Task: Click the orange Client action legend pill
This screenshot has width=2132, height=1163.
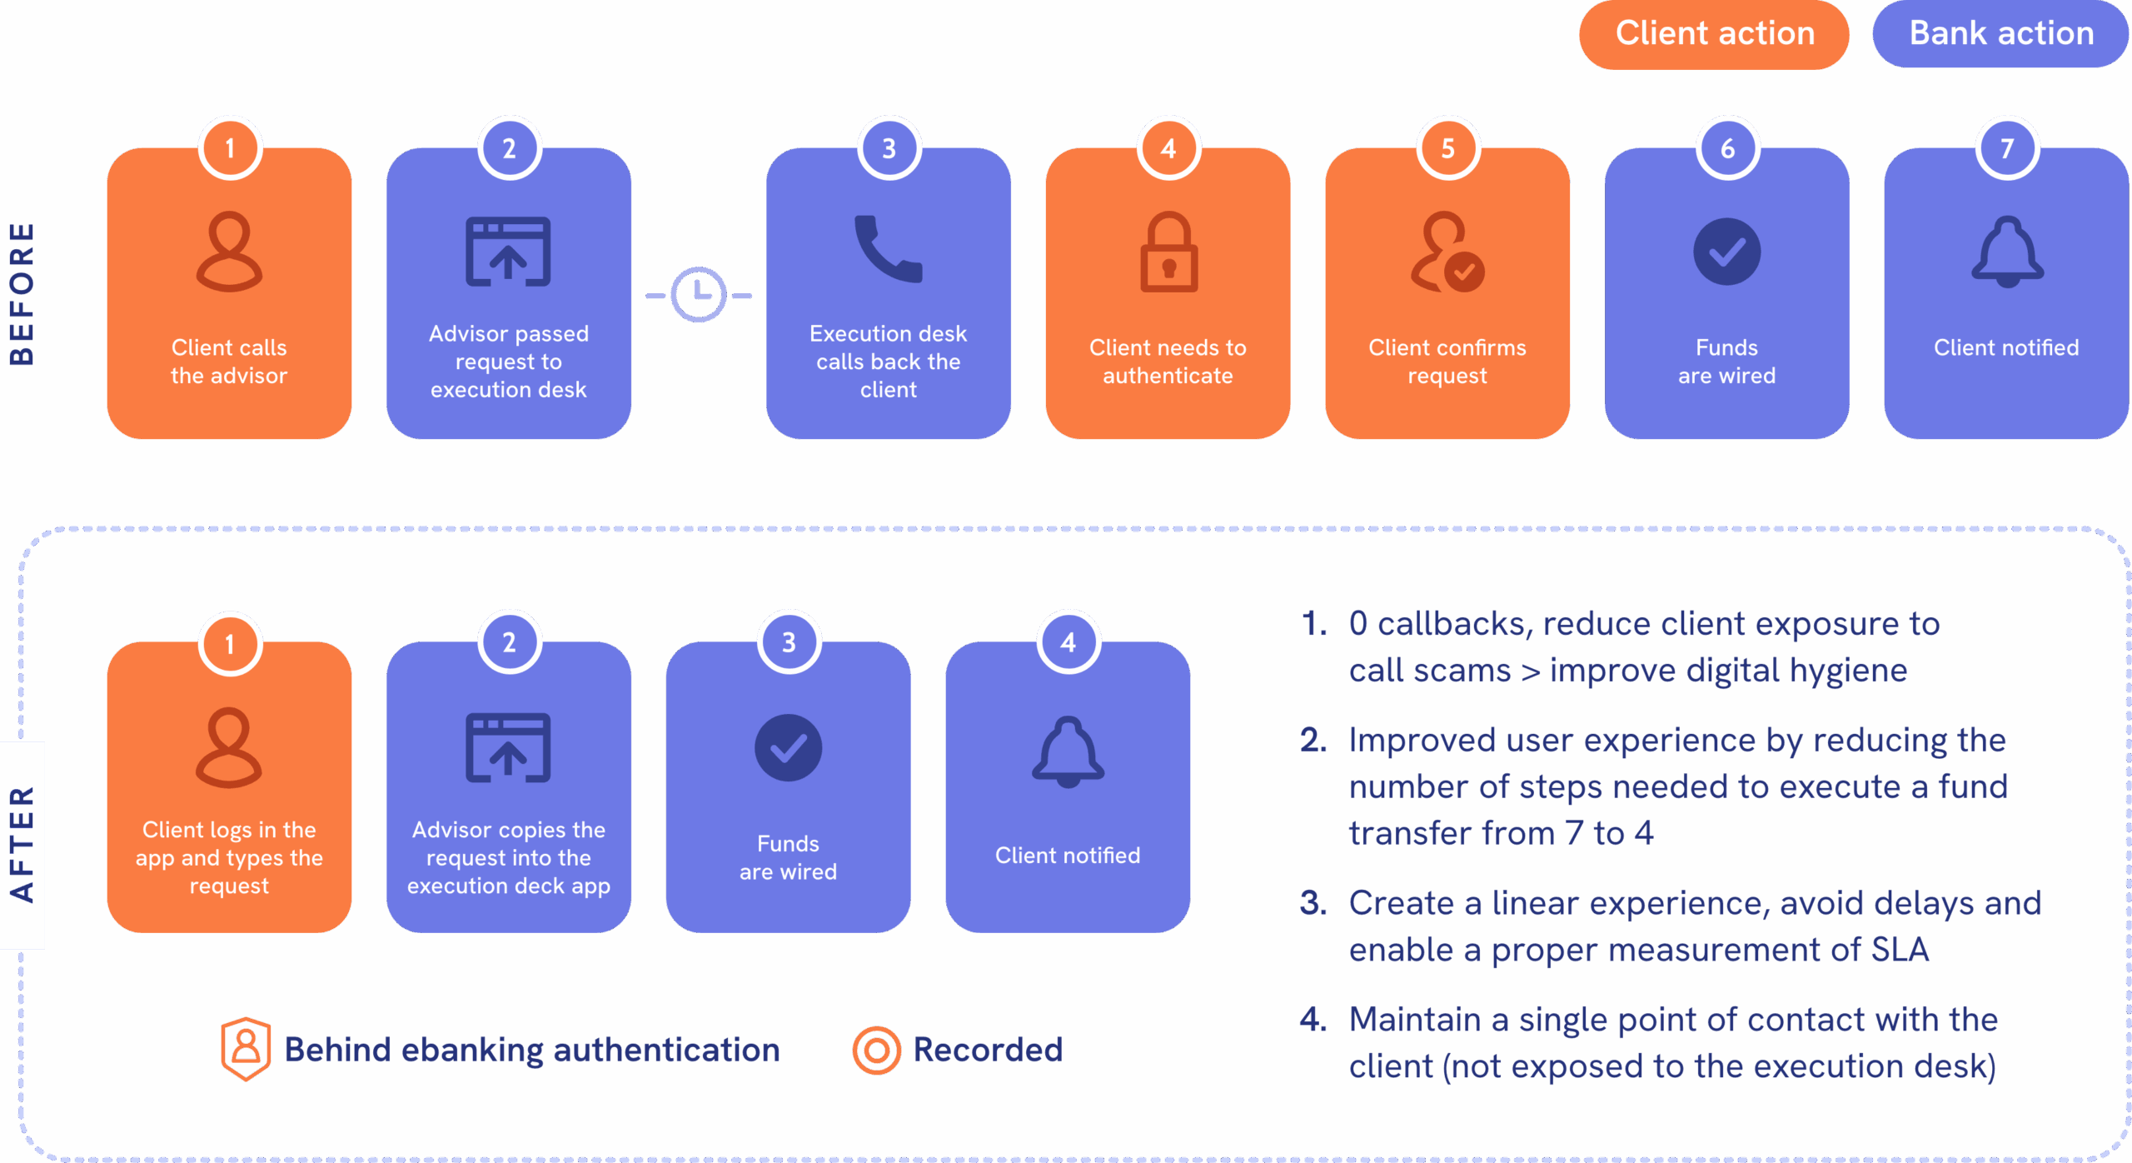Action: [x=1714, y=34]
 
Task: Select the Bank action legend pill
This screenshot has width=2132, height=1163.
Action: [x=2000, y=34]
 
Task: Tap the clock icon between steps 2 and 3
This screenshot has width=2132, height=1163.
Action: [x=699, y=294]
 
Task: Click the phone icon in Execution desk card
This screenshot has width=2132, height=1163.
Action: [x=888, y=249]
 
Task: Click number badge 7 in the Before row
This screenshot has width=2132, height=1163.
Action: [x=2007, y=148]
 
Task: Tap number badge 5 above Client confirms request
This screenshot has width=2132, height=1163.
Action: [x=1447, y=148]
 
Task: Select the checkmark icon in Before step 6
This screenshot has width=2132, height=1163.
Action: [x=1726, y=252]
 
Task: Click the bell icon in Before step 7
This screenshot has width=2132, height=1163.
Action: [x=2007, y=252]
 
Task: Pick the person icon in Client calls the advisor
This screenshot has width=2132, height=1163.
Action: [x=229, y=252]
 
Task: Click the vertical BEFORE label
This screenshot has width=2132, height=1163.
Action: [x=22, y=294]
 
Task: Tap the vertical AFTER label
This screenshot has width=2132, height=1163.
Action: [x=22, y=844]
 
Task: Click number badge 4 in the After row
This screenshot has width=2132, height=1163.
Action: [x=1068, y=642]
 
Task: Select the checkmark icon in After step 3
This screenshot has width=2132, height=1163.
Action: [x=788, y=747]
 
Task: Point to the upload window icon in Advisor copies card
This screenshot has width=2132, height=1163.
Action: [x=508, y=747]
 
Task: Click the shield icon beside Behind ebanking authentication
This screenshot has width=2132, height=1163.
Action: [x=246, y=1048]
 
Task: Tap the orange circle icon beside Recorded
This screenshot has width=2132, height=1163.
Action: [x=876, y=1050]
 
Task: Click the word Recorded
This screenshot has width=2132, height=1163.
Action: [x=988, y=1050]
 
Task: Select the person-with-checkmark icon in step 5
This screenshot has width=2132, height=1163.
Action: [x=1447, y=252]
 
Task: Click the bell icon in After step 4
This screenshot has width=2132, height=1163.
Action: [x=1068, y=751]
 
